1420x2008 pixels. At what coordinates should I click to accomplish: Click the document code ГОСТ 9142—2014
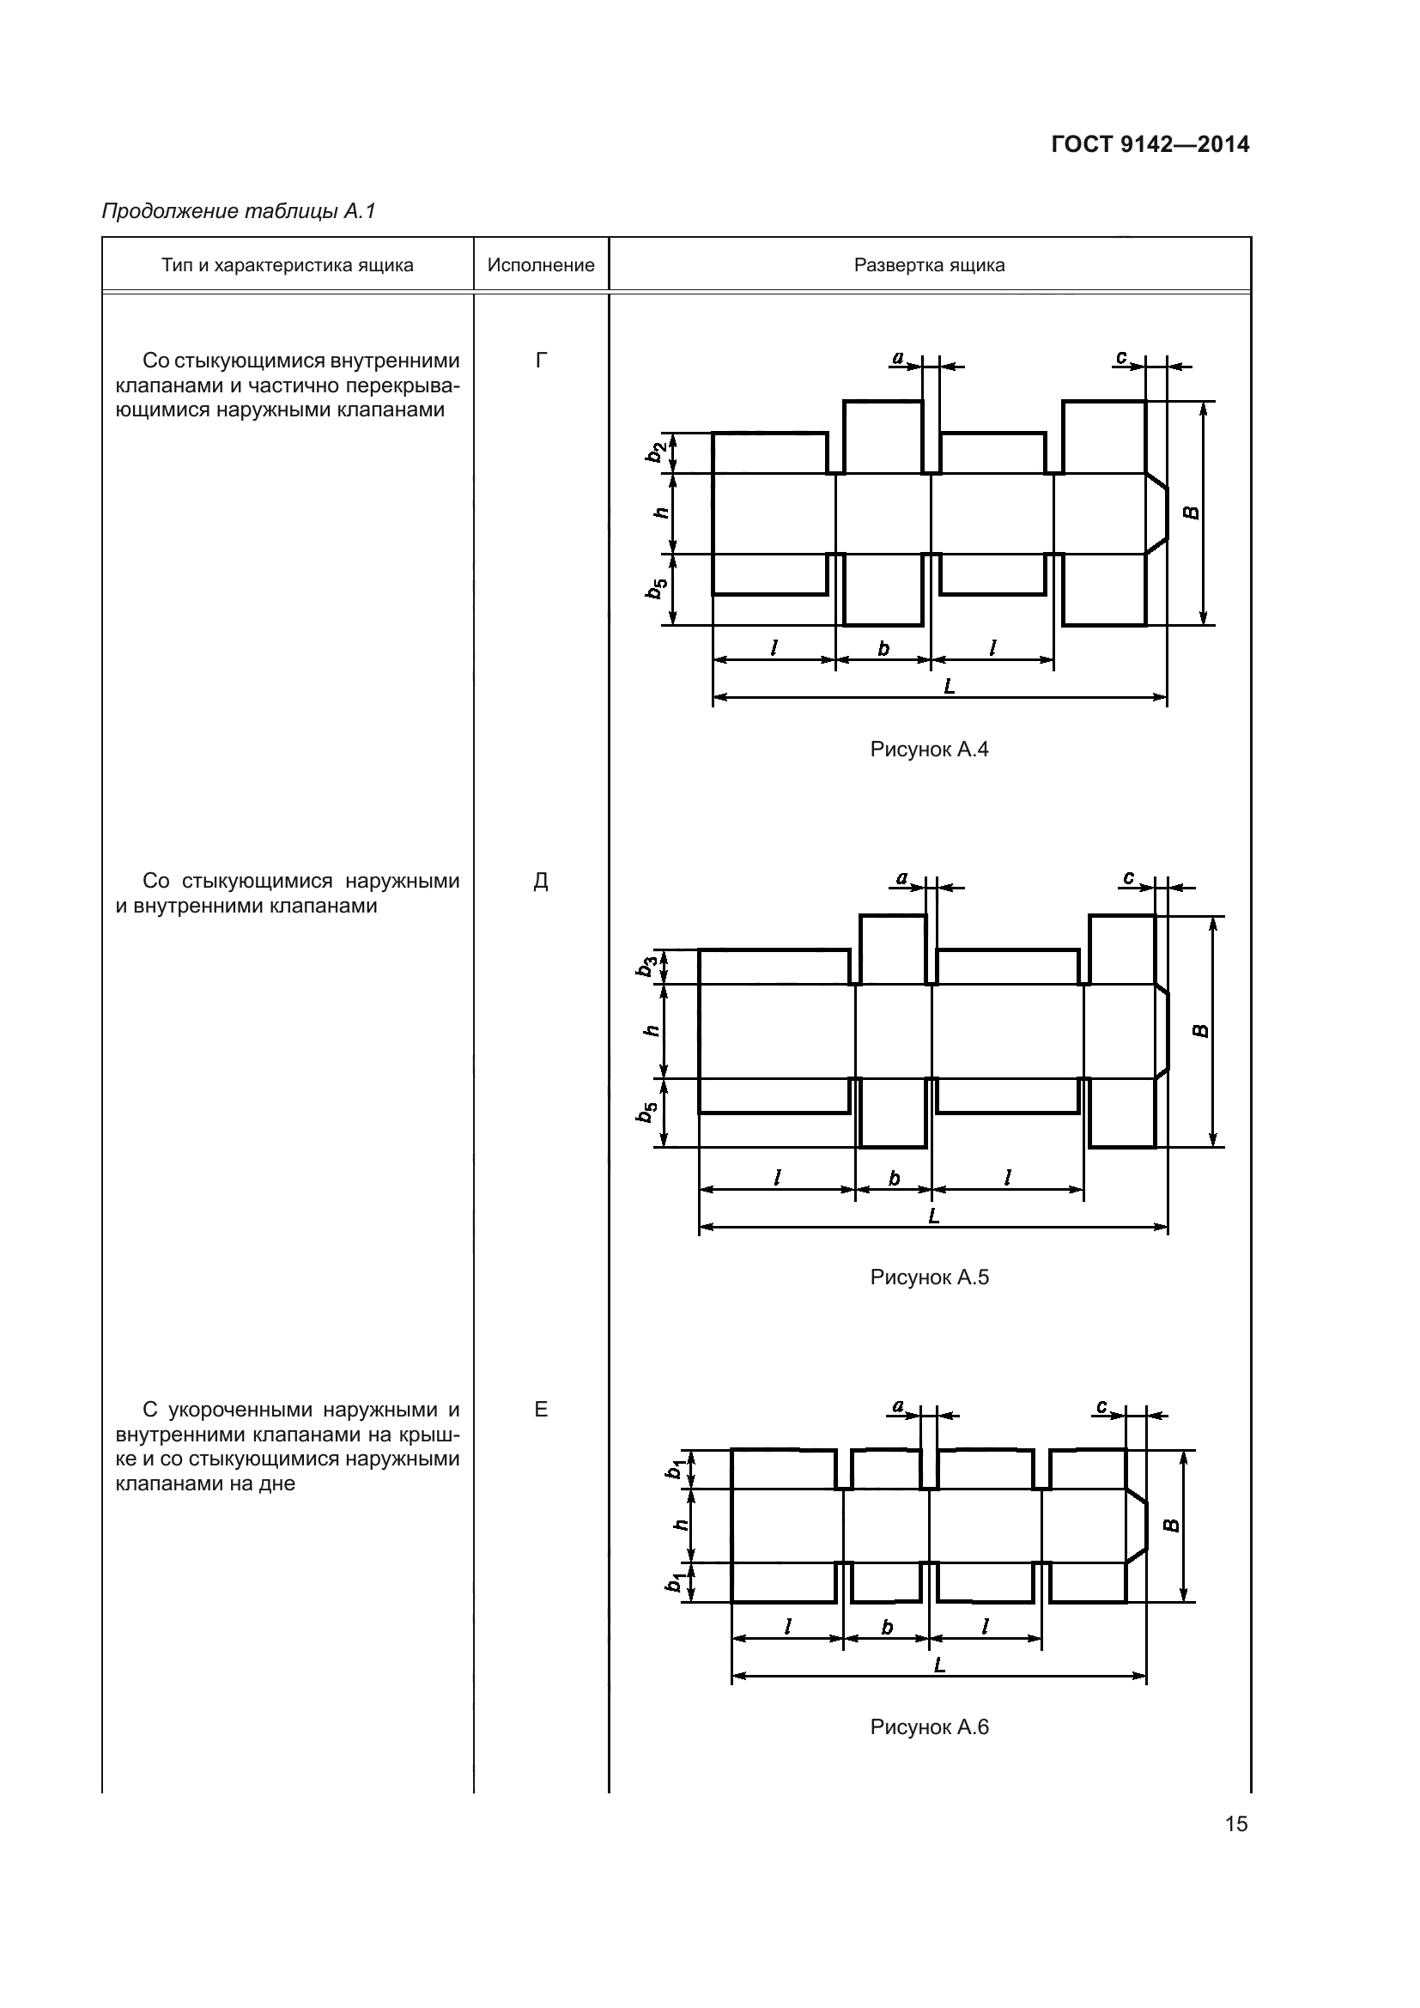[1150, 145]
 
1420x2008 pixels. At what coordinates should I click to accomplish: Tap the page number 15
[1236, 1823]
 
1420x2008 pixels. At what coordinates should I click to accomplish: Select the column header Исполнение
[540, 265]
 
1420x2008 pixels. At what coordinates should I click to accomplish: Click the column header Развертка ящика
[929, 265]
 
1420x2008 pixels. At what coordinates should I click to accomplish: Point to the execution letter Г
[541, 361]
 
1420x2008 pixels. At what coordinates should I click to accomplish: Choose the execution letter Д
[540, 881]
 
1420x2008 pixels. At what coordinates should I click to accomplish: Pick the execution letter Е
[540, 1409]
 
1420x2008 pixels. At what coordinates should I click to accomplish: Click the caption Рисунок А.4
[929, 749]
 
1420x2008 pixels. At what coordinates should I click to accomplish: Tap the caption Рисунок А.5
[929, 1277]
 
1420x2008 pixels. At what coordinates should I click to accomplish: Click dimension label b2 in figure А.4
[655, 452]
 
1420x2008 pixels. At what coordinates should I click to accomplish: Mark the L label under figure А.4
[950, 687]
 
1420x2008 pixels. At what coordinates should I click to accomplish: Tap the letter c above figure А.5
[1129, 877]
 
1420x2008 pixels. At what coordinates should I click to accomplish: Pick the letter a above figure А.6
[898, 1406]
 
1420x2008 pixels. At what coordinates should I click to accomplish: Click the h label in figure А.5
[651, 1031]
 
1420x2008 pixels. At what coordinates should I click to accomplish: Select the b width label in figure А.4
[883, 648]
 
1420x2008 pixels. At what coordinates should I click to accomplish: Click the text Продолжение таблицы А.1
[239, 211]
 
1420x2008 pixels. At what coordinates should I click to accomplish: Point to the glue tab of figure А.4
[1156, 513]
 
